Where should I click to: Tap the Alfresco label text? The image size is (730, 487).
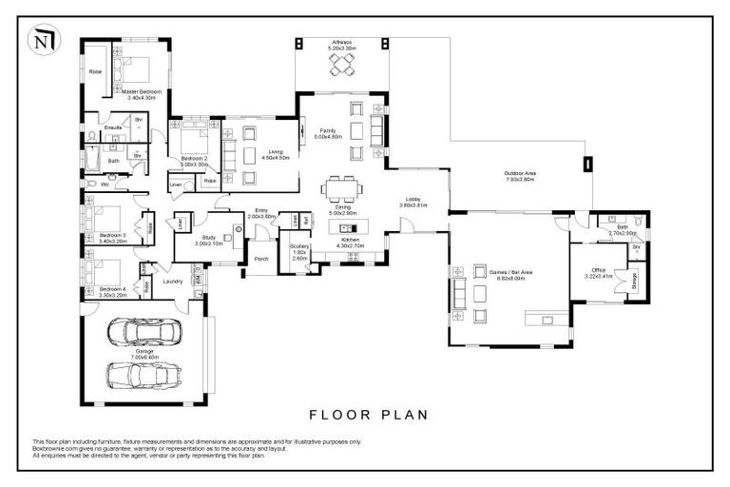[342, 45]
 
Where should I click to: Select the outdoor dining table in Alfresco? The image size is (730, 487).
[342, 65]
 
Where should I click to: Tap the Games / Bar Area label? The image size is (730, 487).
[510, 274]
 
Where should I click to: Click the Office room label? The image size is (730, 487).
[598, 273]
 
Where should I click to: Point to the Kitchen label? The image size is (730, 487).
[351, 243]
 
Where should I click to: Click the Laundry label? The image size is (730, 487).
[173, 281]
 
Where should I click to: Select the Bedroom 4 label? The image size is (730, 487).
[112, 291]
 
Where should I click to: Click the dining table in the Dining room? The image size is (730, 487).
[342, 187]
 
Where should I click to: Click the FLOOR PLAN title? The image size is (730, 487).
[369, 415]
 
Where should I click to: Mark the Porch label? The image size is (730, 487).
[260, 259]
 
